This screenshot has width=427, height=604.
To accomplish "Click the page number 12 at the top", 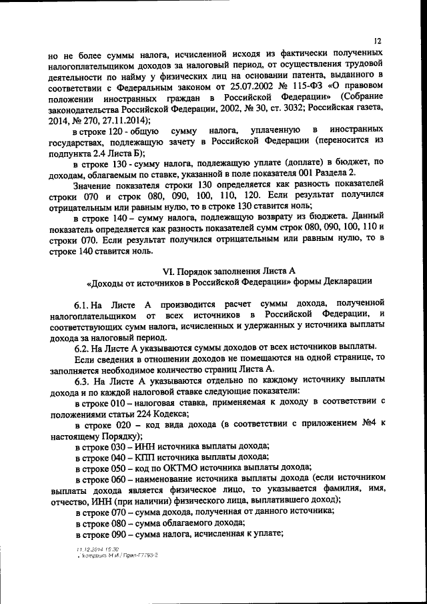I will point(378,41).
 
